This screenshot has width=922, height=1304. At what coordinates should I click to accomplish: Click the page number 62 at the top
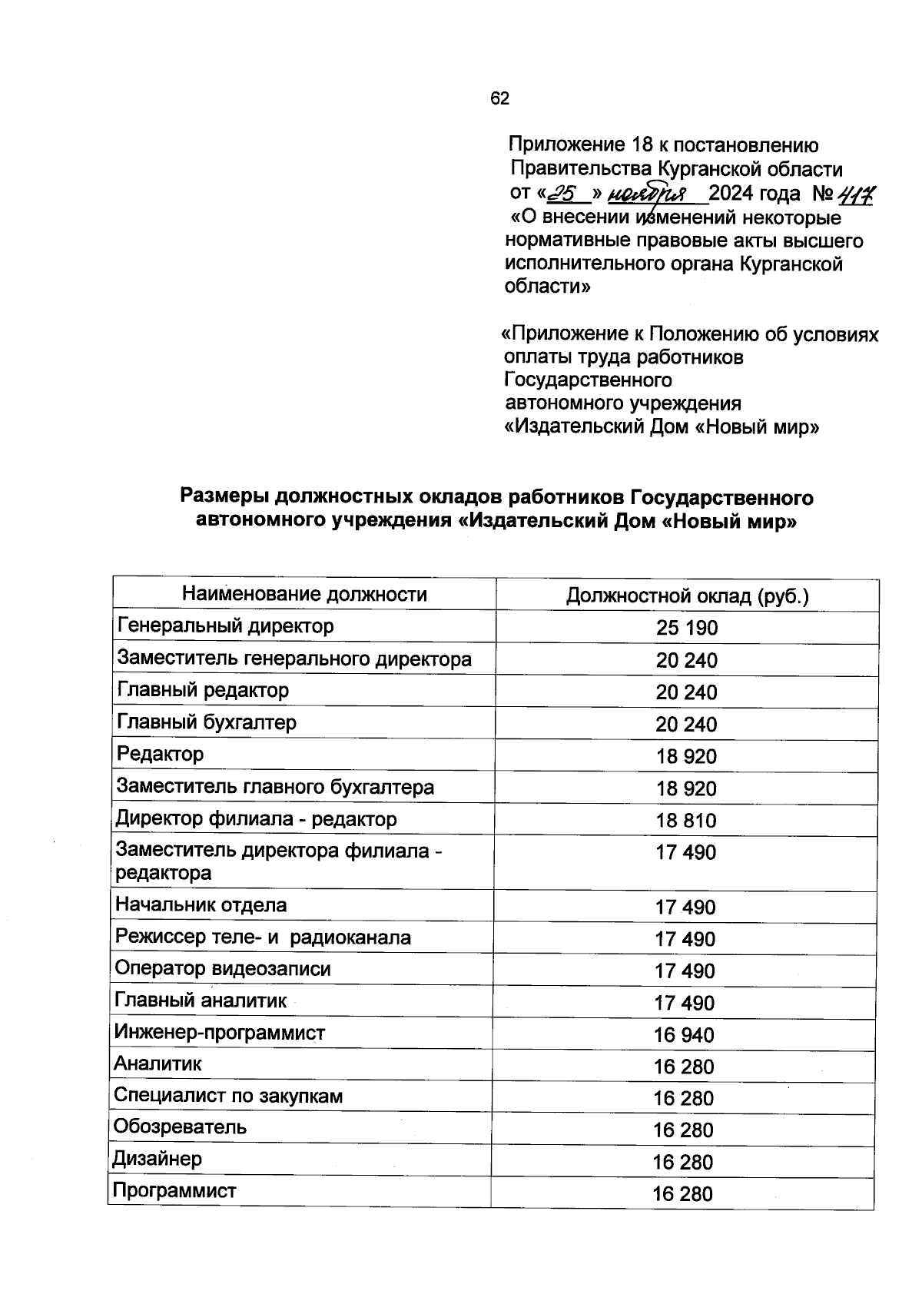point(499,98)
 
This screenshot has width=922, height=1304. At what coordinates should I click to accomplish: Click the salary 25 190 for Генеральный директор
point(686,628)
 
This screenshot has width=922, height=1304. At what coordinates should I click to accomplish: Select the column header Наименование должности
point(304,594)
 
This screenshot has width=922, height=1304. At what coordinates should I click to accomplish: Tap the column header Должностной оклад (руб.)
point(687,596)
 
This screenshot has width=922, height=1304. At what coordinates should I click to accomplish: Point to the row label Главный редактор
point(203,690)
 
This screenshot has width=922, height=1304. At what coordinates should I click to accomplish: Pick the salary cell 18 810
point(685,820)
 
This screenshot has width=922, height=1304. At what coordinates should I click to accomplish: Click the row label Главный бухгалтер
point(206,722)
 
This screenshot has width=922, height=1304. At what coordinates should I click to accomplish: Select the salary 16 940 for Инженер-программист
point(684,1035)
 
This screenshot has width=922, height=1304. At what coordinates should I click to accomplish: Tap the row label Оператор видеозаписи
point(223,969)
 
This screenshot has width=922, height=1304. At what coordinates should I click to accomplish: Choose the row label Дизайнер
point(158,1159)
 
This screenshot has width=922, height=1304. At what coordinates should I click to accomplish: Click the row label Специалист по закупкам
point(228,1096)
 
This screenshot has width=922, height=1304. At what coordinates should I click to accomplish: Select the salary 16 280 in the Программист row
point(683,1194)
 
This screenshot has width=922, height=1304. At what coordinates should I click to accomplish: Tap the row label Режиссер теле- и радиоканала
point(263,937)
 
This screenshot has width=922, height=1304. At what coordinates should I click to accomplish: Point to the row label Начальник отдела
point(201,905)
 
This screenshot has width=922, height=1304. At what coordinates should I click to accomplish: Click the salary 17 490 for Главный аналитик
point(684,1003)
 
